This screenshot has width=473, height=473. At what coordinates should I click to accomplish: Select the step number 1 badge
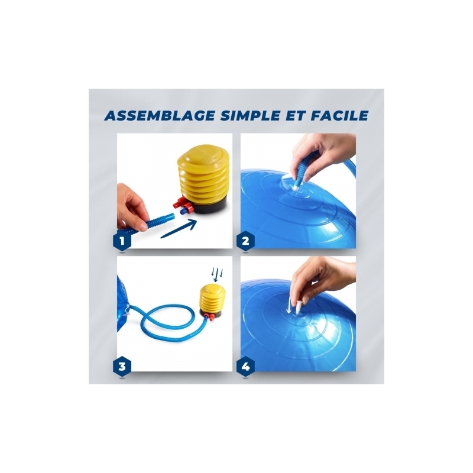click(x=122, y=241)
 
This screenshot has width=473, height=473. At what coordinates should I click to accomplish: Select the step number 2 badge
click(x=245, y=241)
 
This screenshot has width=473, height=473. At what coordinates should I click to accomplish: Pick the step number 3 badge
click(x=122, y=367)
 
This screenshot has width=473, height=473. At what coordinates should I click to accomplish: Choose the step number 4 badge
click(x=245, y=367)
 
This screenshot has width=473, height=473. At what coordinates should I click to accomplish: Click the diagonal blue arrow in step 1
click(x=179, y=229)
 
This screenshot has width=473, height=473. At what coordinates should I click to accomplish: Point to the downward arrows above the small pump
click(x=217, y=274)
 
